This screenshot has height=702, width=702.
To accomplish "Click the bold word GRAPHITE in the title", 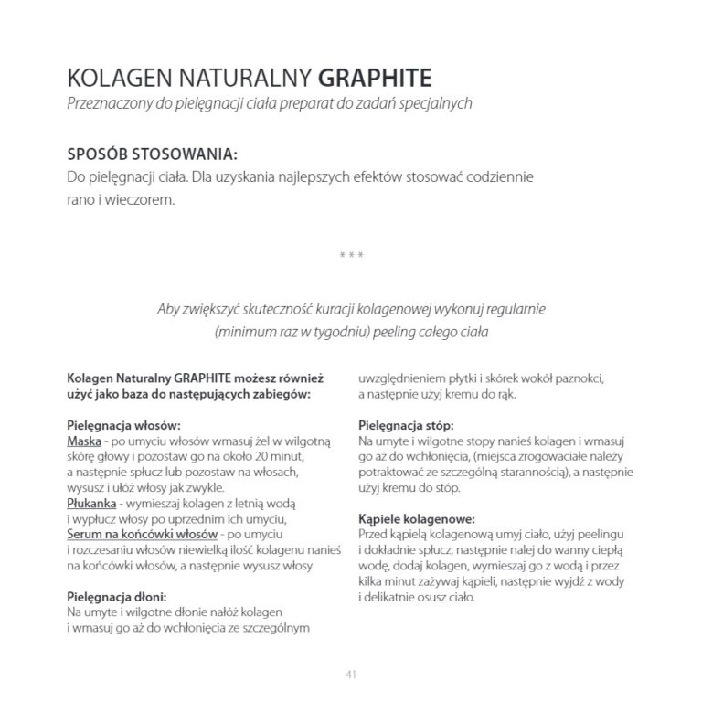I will click(x=376, y=75).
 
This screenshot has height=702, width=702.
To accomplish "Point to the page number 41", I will click(x=351, y=675).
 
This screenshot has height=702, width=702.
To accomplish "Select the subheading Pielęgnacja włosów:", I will click(x=124, y=425).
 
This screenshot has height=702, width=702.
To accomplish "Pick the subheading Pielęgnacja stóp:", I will click(x=406, y=425).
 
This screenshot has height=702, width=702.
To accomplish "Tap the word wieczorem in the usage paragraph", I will click(x=142, y=198).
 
